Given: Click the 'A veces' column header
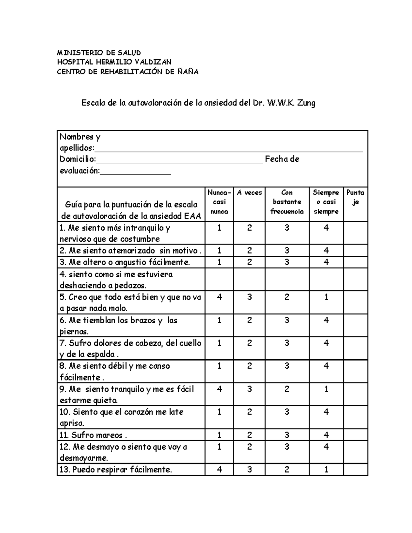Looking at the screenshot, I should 249,193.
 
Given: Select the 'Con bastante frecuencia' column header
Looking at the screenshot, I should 287,202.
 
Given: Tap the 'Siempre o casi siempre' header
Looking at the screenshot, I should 326,202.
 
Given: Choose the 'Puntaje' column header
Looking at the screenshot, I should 355,197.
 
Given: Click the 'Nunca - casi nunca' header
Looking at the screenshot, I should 219,202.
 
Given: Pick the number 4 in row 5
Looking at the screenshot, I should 219,297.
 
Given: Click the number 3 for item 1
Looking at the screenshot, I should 287,228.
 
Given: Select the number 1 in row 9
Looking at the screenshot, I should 326,389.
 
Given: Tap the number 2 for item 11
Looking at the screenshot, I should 249,435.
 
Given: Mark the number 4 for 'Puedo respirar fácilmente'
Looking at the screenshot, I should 219,470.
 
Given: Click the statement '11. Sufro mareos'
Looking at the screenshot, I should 93,435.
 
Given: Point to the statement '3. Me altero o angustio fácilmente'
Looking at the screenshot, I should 125,262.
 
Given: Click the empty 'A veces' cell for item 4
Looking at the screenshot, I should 249,279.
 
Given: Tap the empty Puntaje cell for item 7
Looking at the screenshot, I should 355,348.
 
